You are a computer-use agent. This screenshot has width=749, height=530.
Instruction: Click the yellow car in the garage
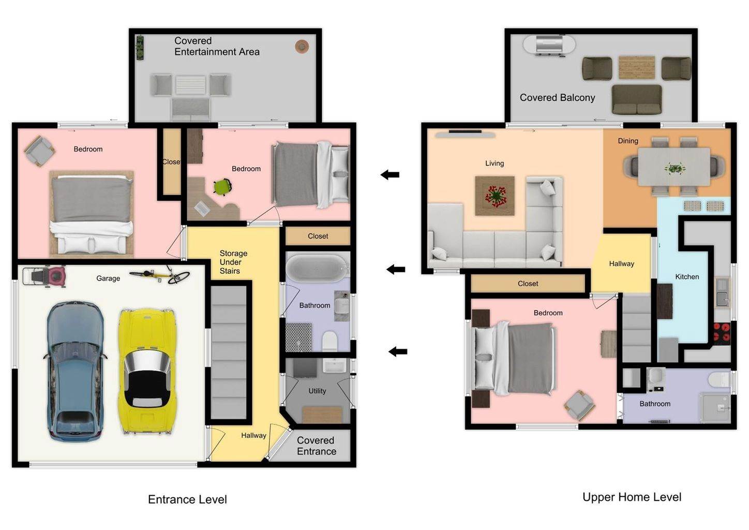click(x=147, y=372)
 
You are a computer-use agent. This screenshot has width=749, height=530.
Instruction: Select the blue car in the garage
click(x=75, y=372)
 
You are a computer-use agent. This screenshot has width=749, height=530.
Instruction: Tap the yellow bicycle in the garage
click(x=160, y=275)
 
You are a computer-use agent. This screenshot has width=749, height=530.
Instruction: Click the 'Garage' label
click(x=108, y=278)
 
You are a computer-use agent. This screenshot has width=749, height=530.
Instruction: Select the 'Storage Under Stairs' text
click(x=233, y=262)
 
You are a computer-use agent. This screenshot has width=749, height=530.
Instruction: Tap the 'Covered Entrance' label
click(x=317, y=446)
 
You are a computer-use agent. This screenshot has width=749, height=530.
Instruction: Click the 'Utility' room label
click(x=317, y=391)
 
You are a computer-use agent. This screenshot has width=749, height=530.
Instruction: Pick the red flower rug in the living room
click(x=495, y=196)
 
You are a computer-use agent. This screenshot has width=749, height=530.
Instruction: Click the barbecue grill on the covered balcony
click(x=549, y=45)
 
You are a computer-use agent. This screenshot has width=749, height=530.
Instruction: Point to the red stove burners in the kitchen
click(x=722, y=332)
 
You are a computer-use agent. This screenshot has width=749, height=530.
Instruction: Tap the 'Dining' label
click(x=628, y=141)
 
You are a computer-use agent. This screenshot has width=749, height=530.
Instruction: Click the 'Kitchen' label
click(x=687, y=277)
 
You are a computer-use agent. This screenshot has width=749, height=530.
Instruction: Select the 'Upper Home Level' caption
click(x=632, y=497)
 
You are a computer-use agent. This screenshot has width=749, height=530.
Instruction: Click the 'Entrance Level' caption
click(x=187, y=499)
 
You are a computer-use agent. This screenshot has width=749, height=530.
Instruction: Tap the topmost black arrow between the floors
click(x=390, y=174)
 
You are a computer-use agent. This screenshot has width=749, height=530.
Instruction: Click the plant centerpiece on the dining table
click(x=674, y=168)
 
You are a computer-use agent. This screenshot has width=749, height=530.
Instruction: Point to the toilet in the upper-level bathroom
click(x=719, y=379)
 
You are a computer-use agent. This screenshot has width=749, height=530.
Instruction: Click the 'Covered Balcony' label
click(x=558, y=98)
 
